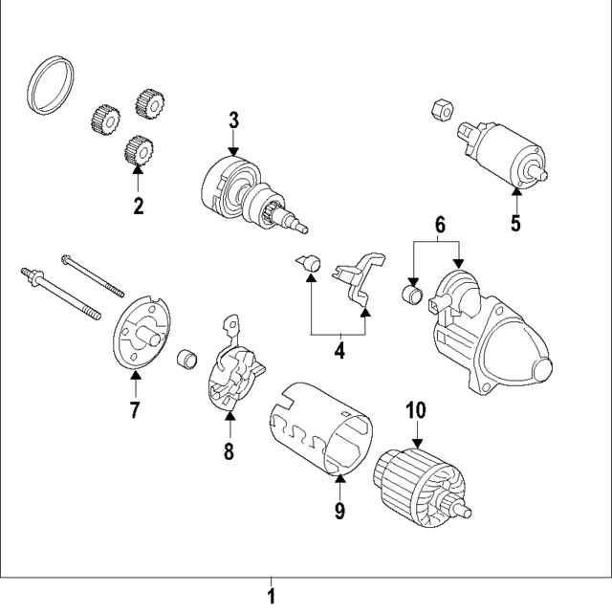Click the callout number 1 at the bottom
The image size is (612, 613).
click(x=271, y=598)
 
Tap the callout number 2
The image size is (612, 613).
click(x=138, y=206)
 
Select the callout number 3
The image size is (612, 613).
click(x=233, y=120)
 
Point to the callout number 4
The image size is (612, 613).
click(x=339, y=351)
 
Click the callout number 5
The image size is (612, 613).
click(x=515, y=225)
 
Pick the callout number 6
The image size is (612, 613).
click(x=440, y=226)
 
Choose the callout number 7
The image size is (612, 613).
click(x=134, y=411)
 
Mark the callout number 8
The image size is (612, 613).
click(x=229, y=451)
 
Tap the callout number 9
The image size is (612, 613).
click(x=339, y=511)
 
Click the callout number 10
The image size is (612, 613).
click(x=415, y=411)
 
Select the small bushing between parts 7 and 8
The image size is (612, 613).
click(x=191, y=361)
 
